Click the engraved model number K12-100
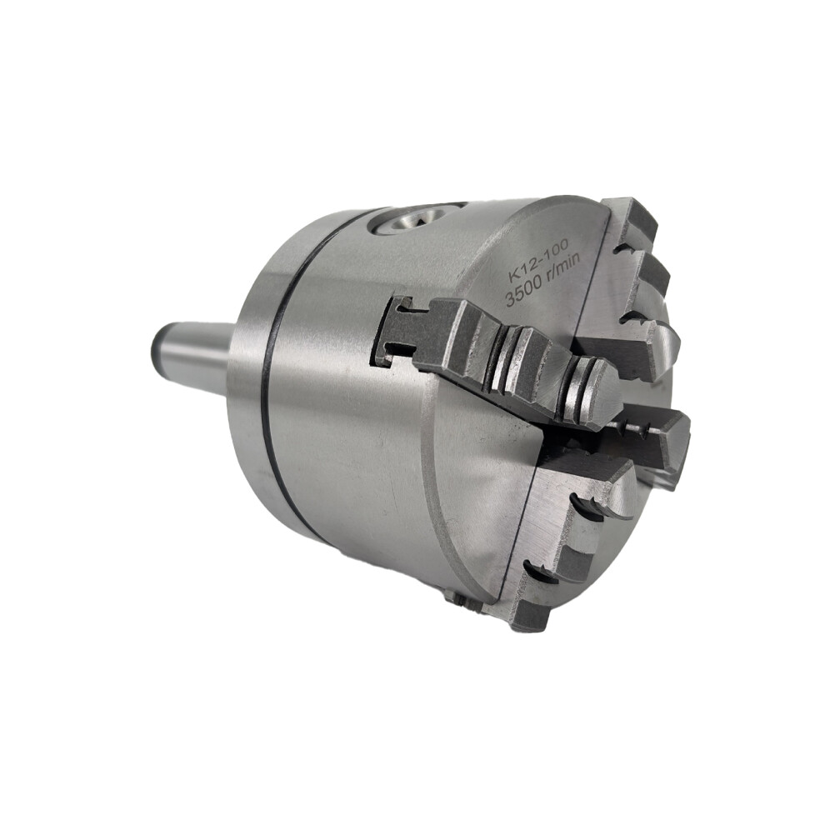tap(537, 267)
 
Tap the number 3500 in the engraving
tap(523, 293)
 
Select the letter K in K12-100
tap(513, 279)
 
